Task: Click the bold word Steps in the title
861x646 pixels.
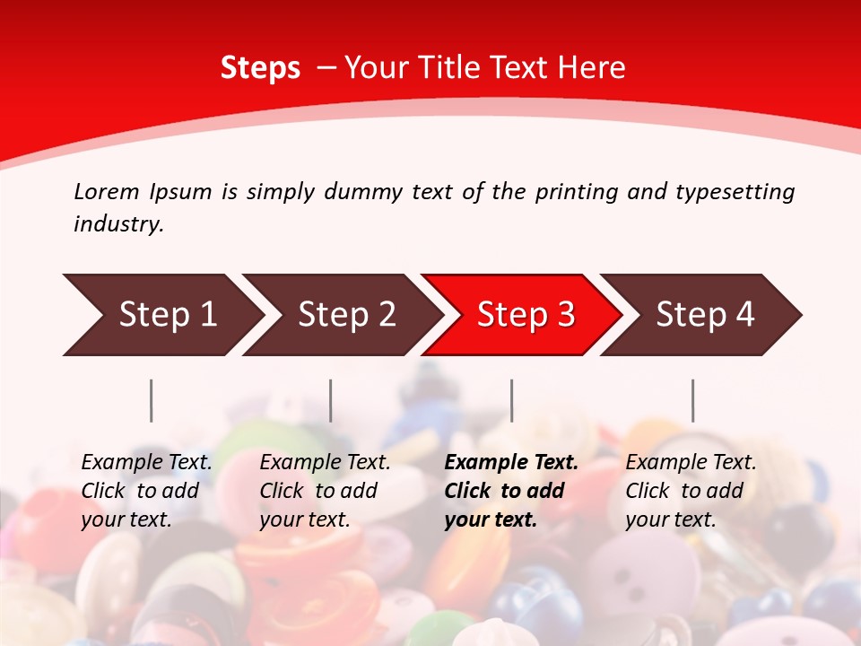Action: [260, 68]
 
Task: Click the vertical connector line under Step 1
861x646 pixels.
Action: [152, 400]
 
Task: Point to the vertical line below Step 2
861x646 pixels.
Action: [331, 400]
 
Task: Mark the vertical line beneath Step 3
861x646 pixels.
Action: [512, 400]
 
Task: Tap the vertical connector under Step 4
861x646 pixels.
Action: [693, 400]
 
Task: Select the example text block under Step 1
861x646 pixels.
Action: [146, 491]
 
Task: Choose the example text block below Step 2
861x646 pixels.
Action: [325, 491]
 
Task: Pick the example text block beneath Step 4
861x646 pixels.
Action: [691, 491]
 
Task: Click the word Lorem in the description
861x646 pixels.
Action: [107, 192]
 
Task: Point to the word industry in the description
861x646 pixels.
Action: [118, 224]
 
